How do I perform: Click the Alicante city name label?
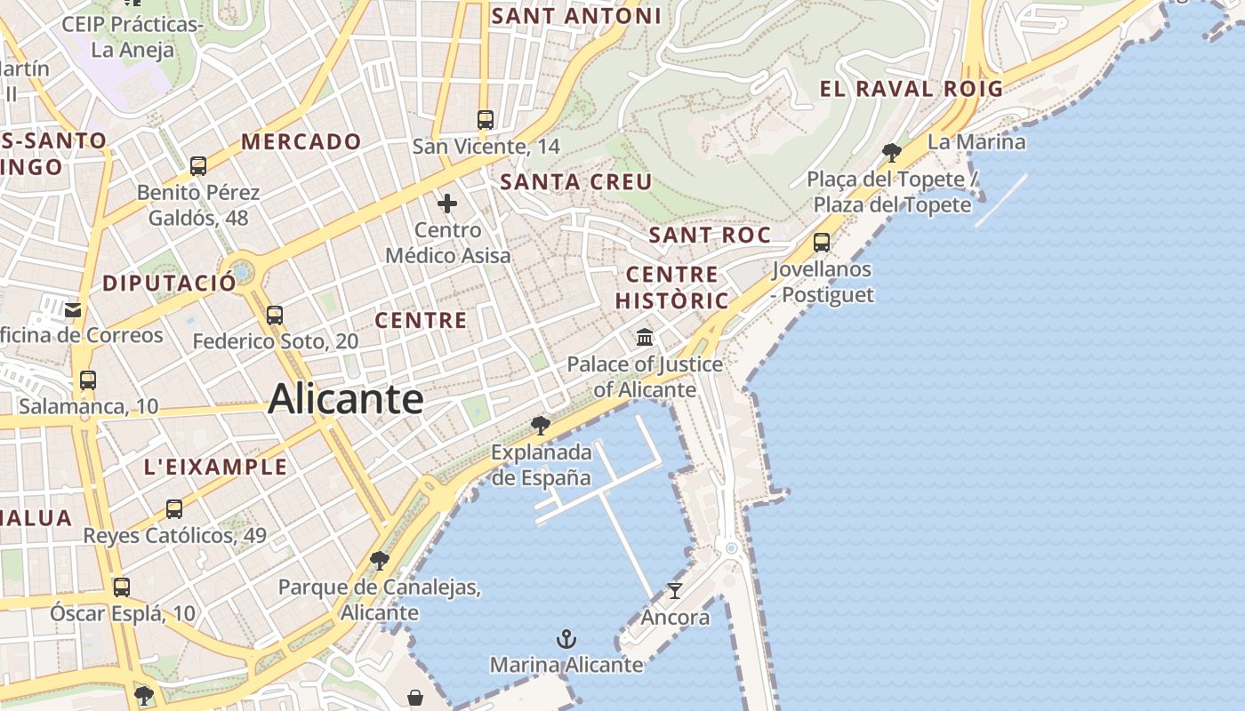(x=345, y=398)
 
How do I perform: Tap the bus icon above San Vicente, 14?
(x=485, y=119)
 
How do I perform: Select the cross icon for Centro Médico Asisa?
(x=447, y=204)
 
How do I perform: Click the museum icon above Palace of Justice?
(x=645, y=338)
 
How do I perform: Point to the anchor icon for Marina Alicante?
(x=566, y=638)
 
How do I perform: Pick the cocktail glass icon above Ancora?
(x=675, y=590)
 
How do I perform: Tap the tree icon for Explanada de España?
(x=540, y=425)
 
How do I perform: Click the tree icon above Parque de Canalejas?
(x=380, y=560)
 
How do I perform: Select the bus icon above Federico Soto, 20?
(x=275, y=315)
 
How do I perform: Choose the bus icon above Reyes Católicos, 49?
(x=174, y=509)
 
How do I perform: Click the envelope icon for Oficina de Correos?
(x=73, y=309)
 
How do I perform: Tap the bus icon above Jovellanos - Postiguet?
(x=822, y=242)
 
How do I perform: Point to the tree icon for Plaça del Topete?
(x=891, y=153)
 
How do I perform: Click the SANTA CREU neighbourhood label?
(x=575, y=182)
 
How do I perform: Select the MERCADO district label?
(x=301, y=141)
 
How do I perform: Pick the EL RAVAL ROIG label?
(x=911, y=89)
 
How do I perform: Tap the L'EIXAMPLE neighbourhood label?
(x=215, y=467)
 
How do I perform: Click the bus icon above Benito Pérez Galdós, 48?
(x=198, y=165)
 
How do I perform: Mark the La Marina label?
(x=976, y=142)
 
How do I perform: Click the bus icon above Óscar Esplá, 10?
(x=122, y=587)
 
